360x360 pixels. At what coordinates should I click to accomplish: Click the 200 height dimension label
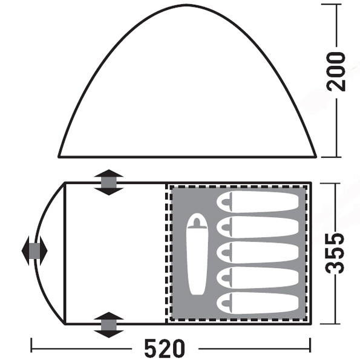[336, 72]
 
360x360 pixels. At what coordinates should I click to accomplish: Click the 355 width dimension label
[335, 254]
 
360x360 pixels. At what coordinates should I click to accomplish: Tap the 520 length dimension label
[165, 349]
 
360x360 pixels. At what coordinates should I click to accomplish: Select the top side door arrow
[109, 182]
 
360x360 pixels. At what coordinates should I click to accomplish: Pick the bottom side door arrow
[109, 325]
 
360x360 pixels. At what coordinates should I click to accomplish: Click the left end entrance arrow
[34, 250]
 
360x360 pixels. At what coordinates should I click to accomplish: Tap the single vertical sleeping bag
[197, 254]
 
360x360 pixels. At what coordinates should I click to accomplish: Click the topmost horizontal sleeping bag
[258, 202]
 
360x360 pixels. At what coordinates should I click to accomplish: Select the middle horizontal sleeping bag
[258, 252]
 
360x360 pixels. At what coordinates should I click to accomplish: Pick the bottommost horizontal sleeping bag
[258, 303]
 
